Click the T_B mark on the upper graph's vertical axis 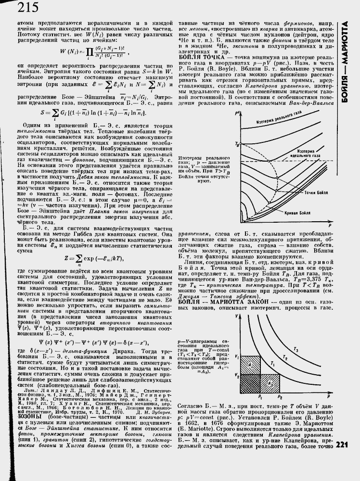(236, 144)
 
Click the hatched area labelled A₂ (271, 384)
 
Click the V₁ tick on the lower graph (237, 357)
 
